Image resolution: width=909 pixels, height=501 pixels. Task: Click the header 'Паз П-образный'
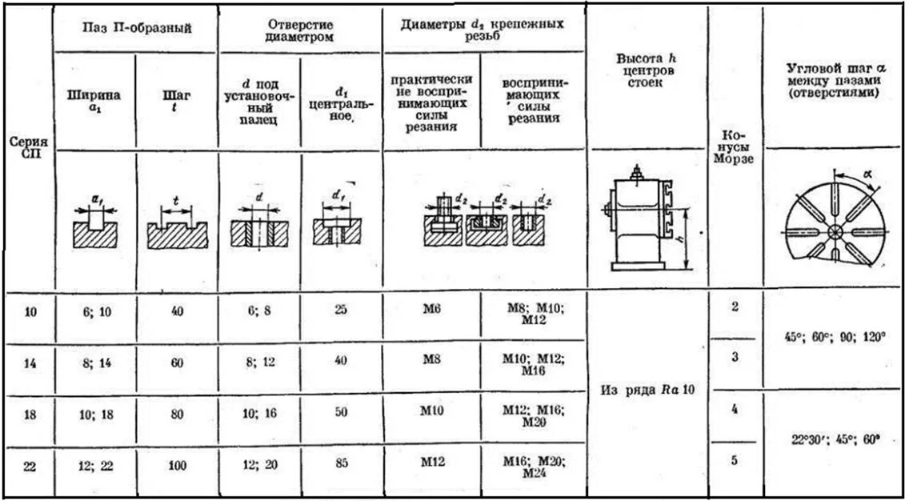click(x=137, y=29)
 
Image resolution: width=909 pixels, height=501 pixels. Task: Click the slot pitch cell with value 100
click(x=177, y=463)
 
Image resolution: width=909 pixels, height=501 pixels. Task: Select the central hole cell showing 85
click(x=341, y=463)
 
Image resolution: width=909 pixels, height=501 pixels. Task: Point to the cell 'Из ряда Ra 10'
click(x=647, y=391)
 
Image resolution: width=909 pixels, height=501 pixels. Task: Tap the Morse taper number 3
click(x=735, y=358)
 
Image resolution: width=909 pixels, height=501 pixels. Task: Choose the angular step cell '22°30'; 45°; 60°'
click(x=835, y=441)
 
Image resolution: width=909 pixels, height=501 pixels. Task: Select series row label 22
click(x=30, y=465)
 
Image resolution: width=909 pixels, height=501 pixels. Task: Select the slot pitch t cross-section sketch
click(x=177, y=227)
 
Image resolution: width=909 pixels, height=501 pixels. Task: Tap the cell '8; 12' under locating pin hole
click(x=260, y=362)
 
